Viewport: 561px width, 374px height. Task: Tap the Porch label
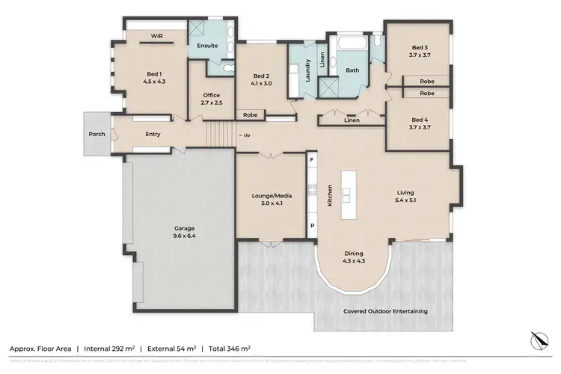click(96, 135)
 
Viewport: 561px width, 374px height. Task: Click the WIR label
click(157, 35)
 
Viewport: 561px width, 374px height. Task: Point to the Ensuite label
click(207, 46)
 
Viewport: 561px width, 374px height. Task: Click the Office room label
click(211, 95)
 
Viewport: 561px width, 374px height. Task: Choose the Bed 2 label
click(260, 76)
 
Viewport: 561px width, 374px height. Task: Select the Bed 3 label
click(419, 46)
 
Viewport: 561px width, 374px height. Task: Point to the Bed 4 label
click(419, 120)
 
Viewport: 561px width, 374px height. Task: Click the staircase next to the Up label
click(220, 135)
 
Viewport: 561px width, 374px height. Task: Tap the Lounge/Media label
click(272, 195)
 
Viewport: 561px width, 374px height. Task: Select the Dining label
click(354, 253)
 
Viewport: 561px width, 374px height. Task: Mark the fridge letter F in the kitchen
click(312, 160)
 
